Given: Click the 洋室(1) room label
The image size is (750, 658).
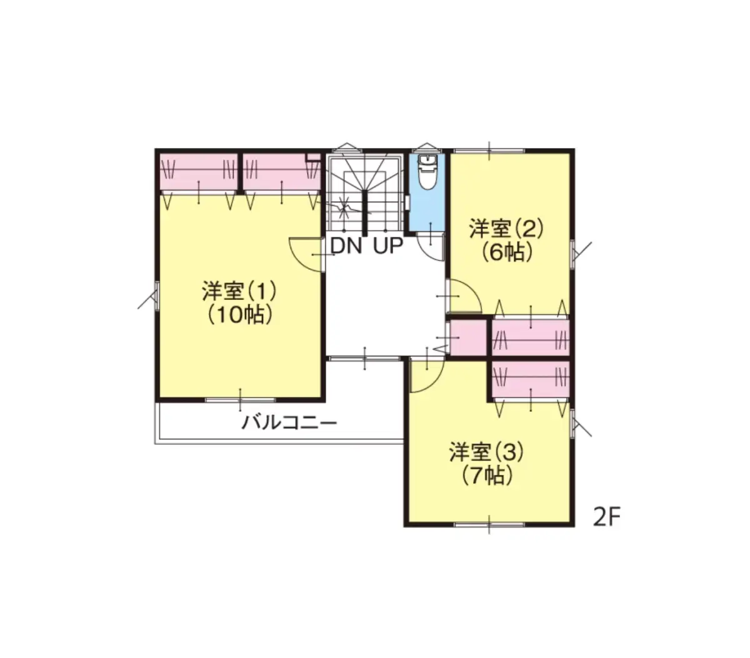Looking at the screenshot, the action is point(239,291).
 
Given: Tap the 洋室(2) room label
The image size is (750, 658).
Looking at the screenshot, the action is point(506,229).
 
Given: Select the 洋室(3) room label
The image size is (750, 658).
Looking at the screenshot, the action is point(486,452).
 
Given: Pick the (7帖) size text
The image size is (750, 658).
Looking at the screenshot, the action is point(487,476).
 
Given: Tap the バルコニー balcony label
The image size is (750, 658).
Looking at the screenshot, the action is point(289,422).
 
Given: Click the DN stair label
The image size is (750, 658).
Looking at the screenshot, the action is point(346,246).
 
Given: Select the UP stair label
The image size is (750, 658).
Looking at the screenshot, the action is point(387,246).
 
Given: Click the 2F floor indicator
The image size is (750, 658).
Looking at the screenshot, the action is point(606,517).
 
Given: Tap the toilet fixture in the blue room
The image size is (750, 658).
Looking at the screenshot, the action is point(427,172).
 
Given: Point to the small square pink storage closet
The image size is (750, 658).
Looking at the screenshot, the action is point(468,337).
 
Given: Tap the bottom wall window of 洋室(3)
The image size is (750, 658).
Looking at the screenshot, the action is point(489,524).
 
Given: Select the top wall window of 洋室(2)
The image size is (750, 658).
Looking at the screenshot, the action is point(489,151).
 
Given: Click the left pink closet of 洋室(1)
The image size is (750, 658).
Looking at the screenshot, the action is point(198,172).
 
